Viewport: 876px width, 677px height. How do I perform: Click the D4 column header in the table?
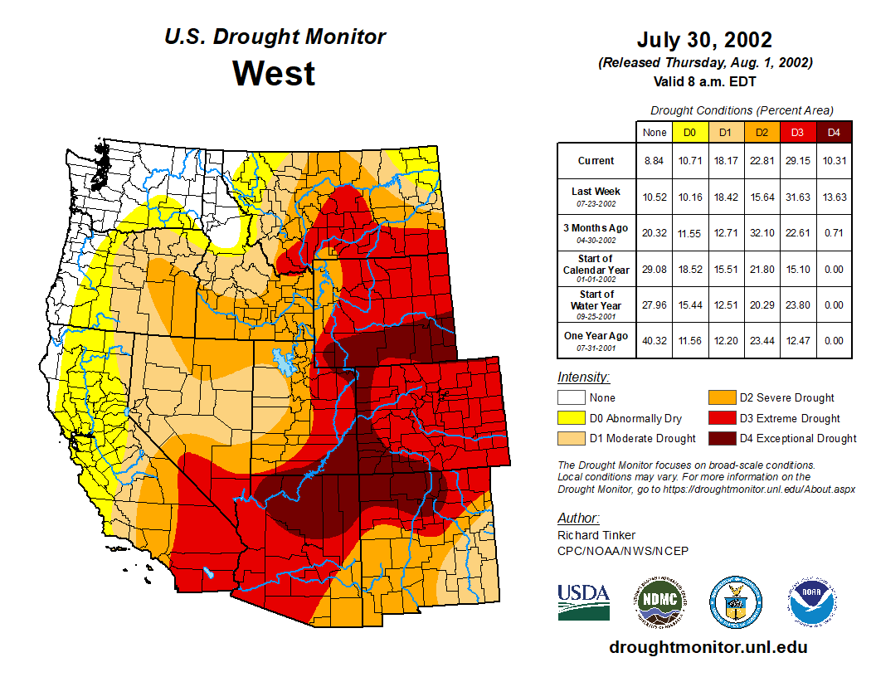pos(834,132)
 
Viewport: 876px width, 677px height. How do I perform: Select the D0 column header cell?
pos(689,132)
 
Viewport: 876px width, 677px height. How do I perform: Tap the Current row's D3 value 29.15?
pos(798,161)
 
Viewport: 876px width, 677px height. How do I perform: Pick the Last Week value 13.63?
pos(834,197)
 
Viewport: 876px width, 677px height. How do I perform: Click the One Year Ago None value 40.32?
pos(654,340)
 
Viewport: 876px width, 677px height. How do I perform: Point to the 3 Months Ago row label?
pos(596,232)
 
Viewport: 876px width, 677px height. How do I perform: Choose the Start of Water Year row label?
pos(596,304)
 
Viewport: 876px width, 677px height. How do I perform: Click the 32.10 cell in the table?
pos(762,232)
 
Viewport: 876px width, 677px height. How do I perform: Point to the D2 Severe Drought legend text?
pos(786,397)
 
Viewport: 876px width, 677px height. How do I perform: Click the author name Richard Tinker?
pos(596,535)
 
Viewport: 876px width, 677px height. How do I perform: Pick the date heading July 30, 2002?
pos(704,40)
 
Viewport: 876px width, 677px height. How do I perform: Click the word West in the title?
pos(274,73)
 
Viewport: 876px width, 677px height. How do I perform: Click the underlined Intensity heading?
pos(583,377)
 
